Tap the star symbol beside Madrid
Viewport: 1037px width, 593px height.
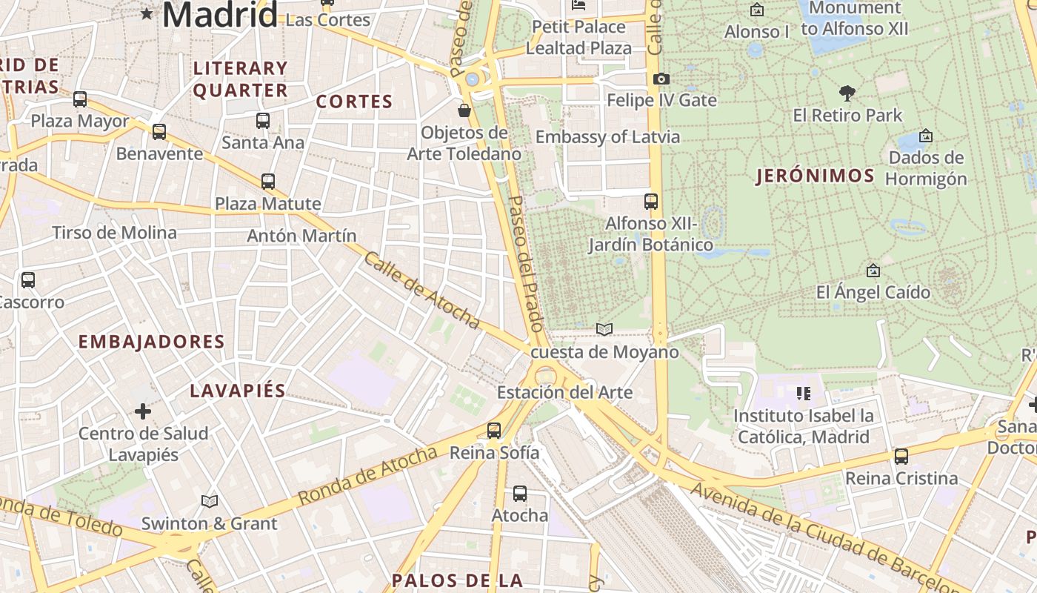pos(147,13)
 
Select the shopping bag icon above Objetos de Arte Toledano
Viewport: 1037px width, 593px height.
pos(464,111)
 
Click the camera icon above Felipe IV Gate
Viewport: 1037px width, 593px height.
pos(661,79)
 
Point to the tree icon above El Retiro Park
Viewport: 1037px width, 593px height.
pos(847,93)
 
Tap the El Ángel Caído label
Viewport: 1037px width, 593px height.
pos(873,292)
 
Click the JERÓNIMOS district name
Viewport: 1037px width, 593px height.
pos(815,176)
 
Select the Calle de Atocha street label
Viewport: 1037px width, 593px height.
pos(422,291)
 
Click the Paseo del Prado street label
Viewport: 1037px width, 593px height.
pos(526,263)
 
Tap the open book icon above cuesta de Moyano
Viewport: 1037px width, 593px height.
pos(604,330)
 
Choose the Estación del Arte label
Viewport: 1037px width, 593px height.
pos(564,392)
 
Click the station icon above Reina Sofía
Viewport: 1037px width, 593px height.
pos(494,430)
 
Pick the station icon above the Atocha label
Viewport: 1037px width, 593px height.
pos(520,493)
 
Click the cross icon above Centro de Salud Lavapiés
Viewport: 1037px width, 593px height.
pos(143,411)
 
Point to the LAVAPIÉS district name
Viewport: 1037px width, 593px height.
pos(237,391)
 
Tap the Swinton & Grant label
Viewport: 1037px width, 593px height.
pos(209,523)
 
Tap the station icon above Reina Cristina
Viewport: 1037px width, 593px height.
pos(901,457)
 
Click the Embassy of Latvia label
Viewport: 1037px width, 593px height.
pos(607,137)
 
